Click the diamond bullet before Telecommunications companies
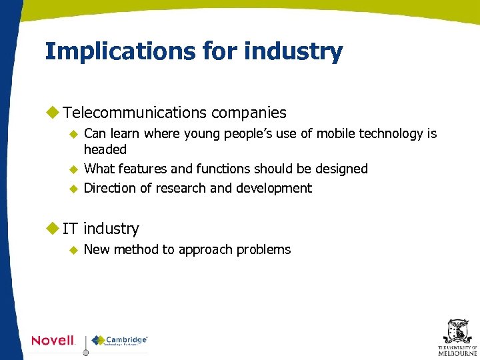tap(52, 113)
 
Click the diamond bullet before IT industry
tap(52, 229)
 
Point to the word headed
tap(105, 149)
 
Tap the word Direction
tap(111, 188)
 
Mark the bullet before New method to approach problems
tap(74, 250)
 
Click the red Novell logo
tap(53, 341)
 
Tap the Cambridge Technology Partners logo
tap(120, 341)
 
